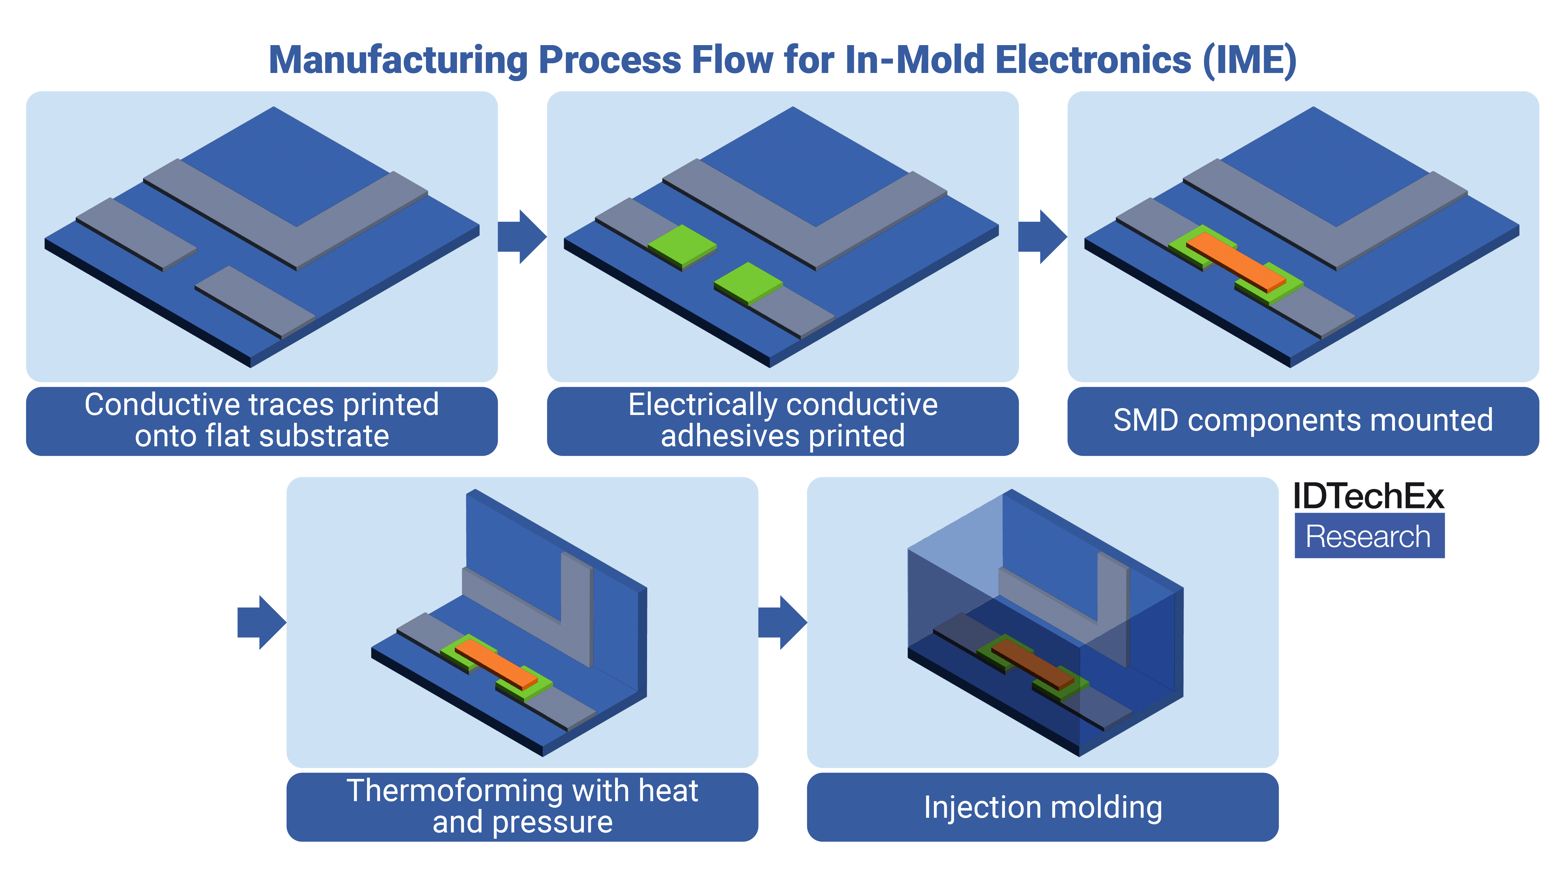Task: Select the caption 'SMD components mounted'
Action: pyautogui.click(x=1303, y=420)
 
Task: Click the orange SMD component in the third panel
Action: pyautogui.click(x=1235, y=262)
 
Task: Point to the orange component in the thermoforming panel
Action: pyautogui.click(x=495, y=664)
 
